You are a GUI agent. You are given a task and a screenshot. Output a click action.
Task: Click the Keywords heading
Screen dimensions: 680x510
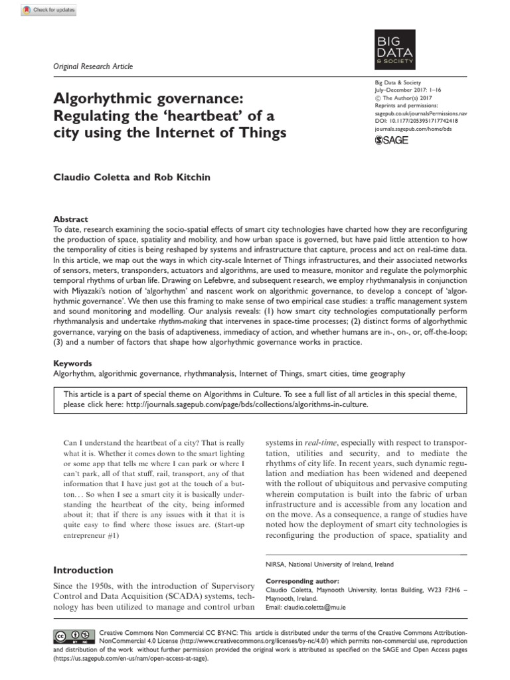(x=73, y=363)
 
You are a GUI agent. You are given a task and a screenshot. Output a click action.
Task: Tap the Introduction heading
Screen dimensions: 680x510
(x=83, y=570)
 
